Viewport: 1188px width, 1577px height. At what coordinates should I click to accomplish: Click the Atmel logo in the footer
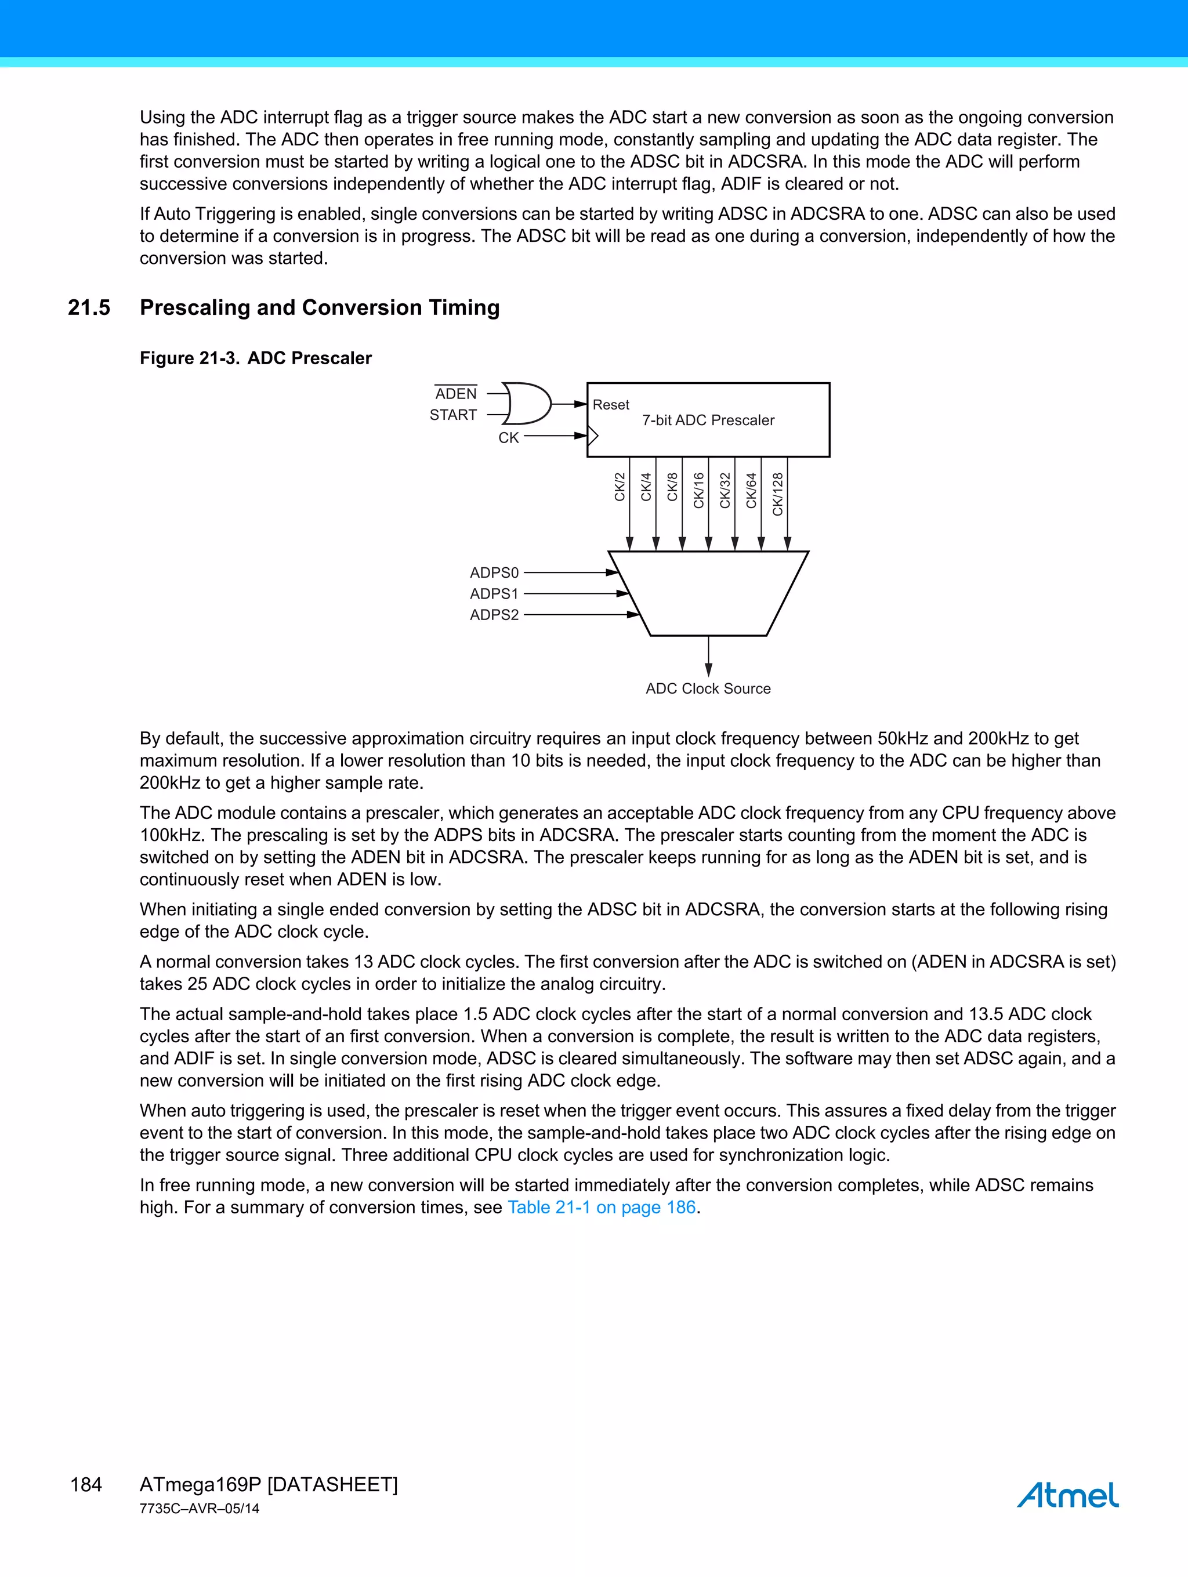(x=1067, y=1493)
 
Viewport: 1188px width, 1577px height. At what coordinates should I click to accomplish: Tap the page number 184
(x=86, y=1484)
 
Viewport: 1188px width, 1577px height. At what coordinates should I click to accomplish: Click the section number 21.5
(x=89, y=307)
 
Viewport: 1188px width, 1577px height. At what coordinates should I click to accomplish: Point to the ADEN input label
(x=456, y=394)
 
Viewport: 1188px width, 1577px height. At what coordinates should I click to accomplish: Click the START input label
(x=453, y=415)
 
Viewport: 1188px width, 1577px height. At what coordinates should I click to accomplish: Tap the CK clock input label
(x=508, y=438)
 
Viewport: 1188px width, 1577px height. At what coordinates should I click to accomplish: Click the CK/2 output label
(x=620, y=487)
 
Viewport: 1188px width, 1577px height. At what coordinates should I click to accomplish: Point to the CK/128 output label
(x=778, y=494)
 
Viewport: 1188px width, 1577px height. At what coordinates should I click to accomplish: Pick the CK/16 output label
(x=699, y=491)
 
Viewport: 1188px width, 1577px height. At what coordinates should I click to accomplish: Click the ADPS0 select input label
(x=494, y=572)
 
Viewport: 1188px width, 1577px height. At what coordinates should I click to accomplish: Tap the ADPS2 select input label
(x=494, y=615)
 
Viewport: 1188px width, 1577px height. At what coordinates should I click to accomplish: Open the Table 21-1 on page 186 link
(x=601, y=1207)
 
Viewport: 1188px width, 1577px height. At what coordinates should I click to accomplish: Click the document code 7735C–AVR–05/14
(x=199, y=1508)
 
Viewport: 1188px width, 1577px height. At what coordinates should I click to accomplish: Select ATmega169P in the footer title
(x=200, y=1484)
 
